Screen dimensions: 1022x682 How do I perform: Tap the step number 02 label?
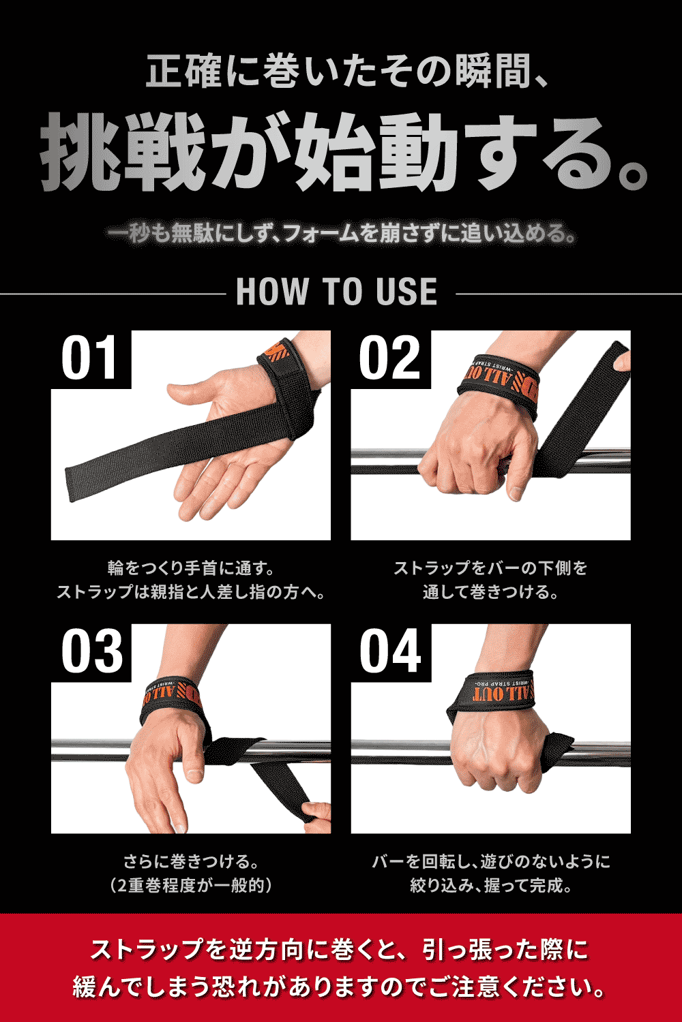coord(390,359)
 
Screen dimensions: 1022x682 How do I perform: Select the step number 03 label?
coord(91,652)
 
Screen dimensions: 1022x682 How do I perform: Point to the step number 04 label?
coord(390,652)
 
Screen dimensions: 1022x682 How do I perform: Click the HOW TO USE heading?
coord(337,292)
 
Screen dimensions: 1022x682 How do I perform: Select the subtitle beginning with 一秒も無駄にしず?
coord(341,234)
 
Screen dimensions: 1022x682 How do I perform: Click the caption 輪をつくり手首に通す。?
coord(191,568)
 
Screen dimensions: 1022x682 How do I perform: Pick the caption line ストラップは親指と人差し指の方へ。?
coord(191,591)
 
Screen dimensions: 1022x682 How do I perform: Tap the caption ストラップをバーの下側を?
coord(490,568)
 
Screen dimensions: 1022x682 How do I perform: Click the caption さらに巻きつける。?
coord(191,861)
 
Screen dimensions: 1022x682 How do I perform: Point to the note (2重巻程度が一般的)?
coord(191,885)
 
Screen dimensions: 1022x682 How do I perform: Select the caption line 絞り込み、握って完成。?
coord(490,885)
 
